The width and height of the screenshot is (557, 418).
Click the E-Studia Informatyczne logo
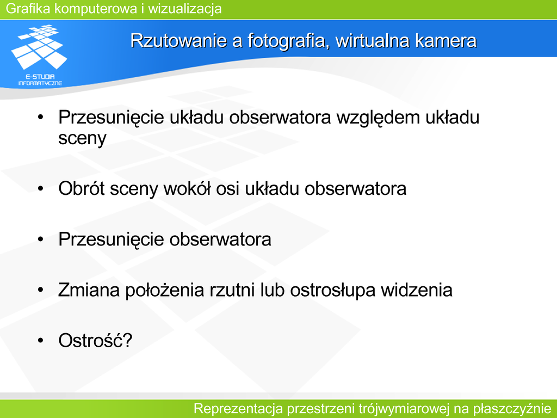39,55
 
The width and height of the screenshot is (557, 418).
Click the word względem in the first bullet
379,118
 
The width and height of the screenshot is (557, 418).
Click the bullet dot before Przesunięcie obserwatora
40,239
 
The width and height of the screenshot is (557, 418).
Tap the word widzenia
417,290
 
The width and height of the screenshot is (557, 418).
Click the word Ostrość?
95,340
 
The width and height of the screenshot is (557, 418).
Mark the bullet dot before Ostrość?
40,341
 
